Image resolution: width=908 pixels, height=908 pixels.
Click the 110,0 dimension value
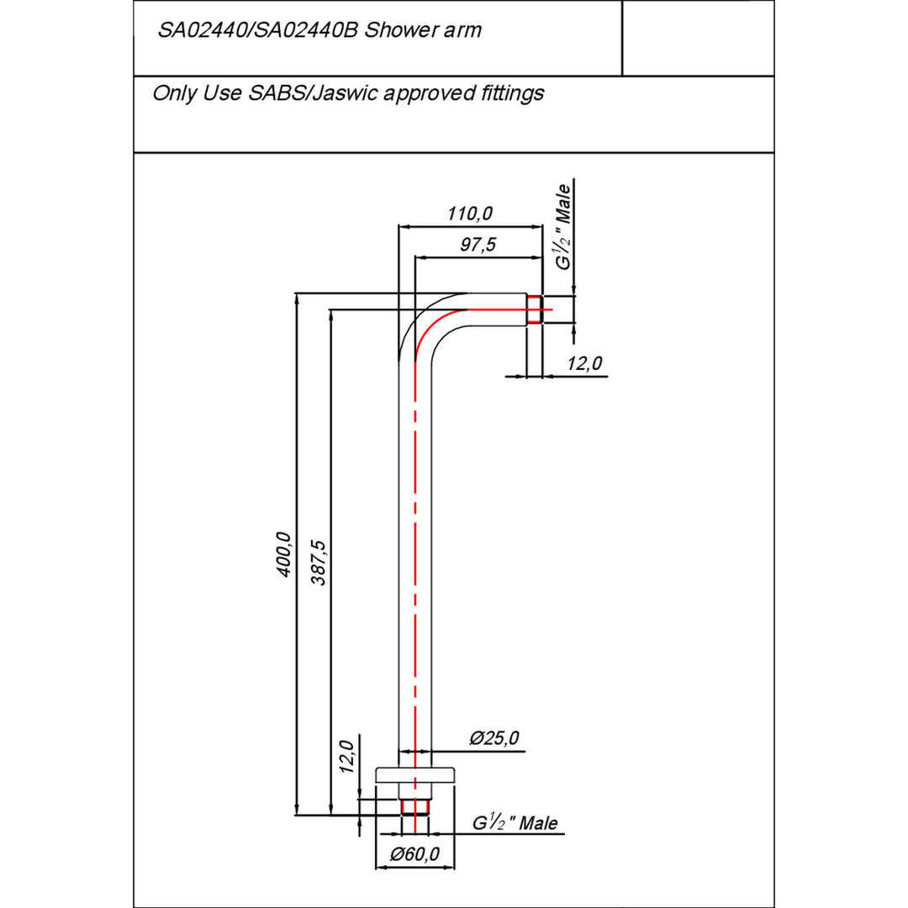click(x=469, y=214)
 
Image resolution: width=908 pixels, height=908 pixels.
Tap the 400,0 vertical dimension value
click(x=283, y=554)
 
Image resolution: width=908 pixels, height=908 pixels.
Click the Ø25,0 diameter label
click(x=494, y=738)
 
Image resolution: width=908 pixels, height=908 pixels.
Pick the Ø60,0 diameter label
click(x=414, y=855)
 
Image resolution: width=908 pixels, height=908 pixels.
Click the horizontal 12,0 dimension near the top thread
click(x=584, y=363)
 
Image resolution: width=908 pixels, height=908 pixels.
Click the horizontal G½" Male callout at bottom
click(x=515, y=823)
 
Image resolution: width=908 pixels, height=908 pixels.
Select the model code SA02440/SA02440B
click(x=259, y=30)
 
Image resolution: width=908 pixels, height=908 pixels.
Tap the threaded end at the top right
click(x=535, y=309)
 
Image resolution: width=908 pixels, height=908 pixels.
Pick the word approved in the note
click(x=427, y=92)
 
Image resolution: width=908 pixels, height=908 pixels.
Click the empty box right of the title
click(x=697, y=38)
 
